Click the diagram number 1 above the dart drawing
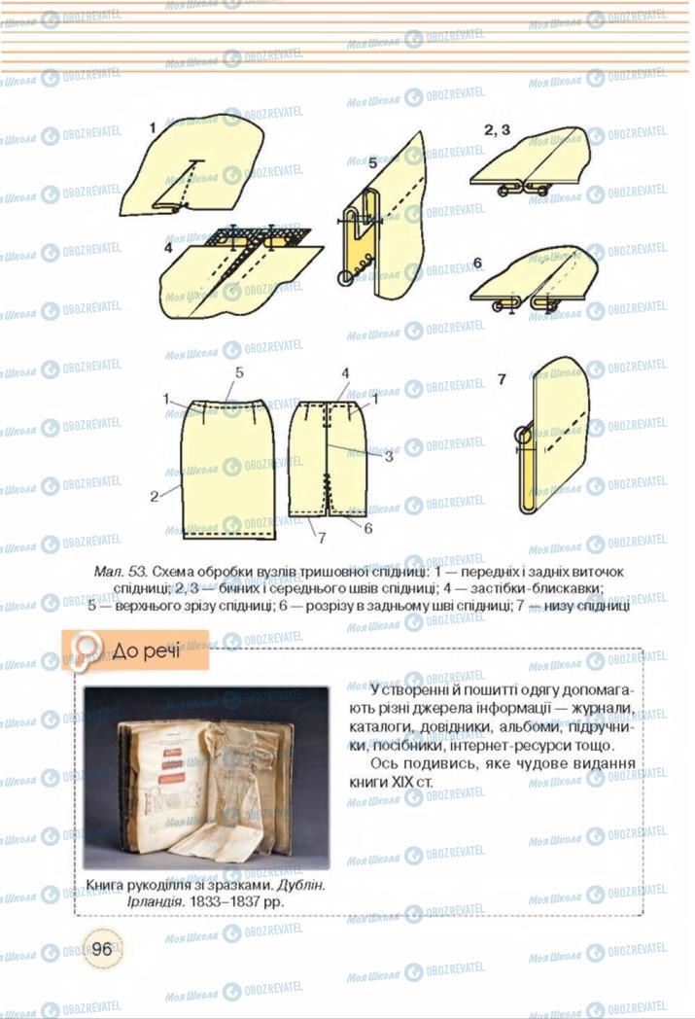pyautogui.click(x=153, y=127)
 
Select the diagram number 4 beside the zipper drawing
pyautogui.click(x=168, y=247)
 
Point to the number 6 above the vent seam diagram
pyautogui.click(x=477, y=263)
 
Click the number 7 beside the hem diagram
pyautogui.click(x=501, y=380)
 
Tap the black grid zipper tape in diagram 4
pyautogui.click(x=257, y=236)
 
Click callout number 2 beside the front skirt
pyautogui.click(x=154, y=496)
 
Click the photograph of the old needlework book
pyautogui.click(x=206, y=777)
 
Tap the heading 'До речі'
pyautogui.click(x=145, y=649)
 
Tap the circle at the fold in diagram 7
pyautogui.click(x=523, y=436)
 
